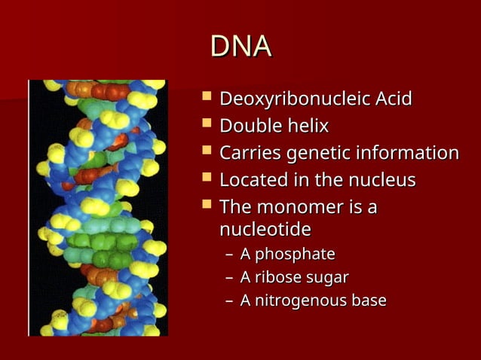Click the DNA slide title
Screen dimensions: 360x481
click(240, 47)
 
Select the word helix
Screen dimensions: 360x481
click(306, 126)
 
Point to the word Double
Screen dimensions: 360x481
click(247, 126)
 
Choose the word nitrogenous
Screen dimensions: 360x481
click(299, 301)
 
